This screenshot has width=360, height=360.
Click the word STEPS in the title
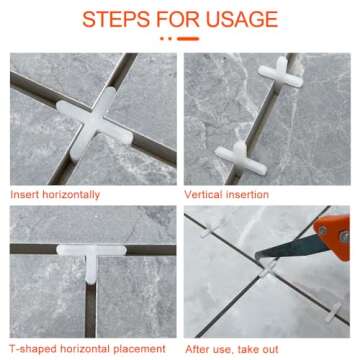tap(115, 19)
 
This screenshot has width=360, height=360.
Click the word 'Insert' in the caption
tap(25, 193)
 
